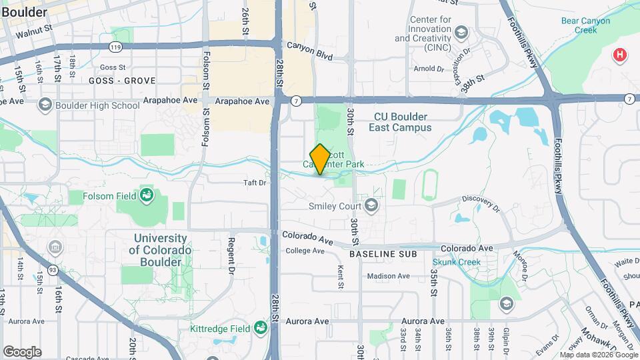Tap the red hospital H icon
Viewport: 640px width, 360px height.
click(621, 55)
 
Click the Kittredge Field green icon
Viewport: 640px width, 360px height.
click(260, 327)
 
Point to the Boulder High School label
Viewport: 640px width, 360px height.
click(97, 105)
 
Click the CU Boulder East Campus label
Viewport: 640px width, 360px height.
click(402, 121)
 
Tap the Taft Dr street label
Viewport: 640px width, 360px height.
click(254, 182)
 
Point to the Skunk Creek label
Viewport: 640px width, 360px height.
click(456, 262)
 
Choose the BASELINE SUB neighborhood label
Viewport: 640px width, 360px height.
click(383, 254)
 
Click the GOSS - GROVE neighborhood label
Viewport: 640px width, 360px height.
click(121, 81)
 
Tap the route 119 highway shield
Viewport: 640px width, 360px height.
click(116, 47)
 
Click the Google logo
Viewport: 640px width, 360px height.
click(22, 351)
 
